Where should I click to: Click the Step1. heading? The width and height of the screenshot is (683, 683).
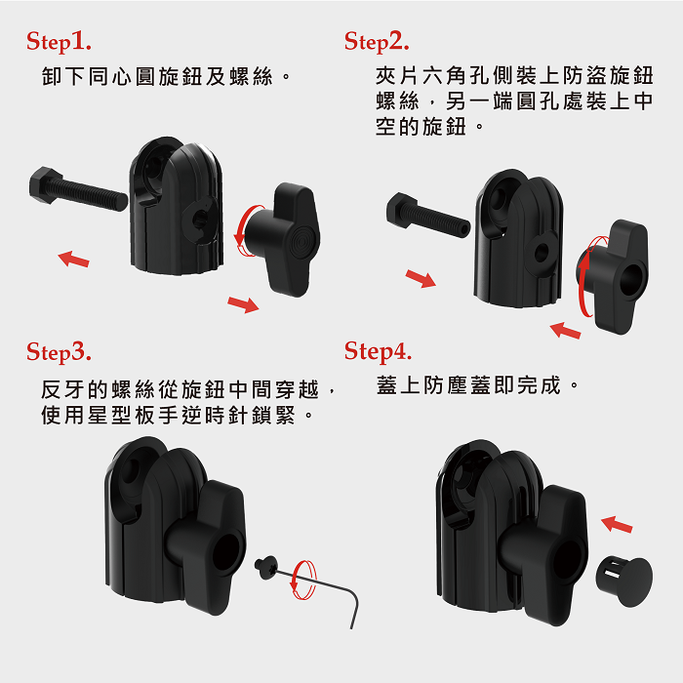pos(59,42)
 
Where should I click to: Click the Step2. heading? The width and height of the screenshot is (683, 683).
pos(377,42)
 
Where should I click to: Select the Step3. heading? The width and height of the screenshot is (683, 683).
pos(59,352)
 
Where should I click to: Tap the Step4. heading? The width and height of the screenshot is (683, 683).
pos(378,351)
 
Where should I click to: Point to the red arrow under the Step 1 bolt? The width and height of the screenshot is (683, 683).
pos(73,259)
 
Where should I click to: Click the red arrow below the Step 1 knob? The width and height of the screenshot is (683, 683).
pos(243,304)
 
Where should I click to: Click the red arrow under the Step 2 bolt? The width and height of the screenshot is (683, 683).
pos(421,278)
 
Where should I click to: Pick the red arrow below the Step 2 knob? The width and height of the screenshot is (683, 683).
pos(565,331)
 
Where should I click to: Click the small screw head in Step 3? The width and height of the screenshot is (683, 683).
pos(266,567)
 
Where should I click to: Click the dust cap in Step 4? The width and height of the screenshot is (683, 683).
pos(624,582)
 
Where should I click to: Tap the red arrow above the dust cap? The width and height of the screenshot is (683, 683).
pos(617,524)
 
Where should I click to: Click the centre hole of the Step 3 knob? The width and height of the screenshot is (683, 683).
pos(226,551)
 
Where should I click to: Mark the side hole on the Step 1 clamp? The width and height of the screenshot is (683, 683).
pos(199,219)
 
